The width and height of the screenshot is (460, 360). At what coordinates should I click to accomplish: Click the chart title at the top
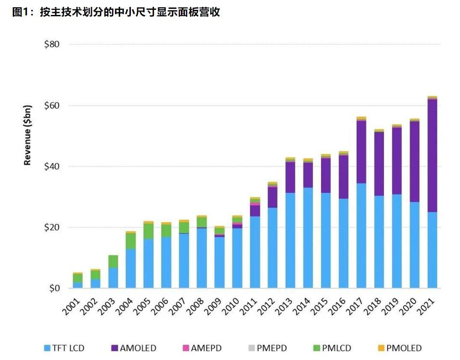click(116, 12)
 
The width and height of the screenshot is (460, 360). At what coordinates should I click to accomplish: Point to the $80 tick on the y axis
click(52, 44)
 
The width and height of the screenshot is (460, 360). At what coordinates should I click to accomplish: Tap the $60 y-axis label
click(52, 105)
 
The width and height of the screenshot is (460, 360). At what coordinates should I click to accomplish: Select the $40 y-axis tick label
click(52, 167)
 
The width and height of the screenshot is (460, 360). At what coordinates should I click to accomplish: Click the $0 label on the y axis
click(54, 289)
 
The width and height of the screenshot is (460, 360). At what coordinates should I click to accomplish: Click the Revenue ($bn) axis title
click(28, 135)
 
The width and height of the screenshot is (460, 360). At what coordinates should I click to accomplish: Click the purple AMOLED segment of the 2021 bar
click(432, 155)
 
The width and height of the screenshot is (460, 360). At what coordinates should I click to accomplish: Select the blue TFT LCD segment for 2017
click(361, 236)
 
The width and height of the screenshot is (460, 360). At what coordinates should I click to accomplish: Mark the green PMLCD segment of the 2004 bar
click(131, 241)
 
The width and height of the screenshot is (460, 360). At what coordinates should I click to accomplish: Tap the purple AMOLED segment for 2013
click(291, 177)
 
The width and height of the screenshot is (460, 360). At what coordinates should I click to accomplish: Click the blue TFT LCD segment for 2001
click(78, 285)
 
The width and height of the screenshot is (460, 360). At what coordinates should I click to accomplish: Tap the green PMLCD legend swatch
click(317, 348)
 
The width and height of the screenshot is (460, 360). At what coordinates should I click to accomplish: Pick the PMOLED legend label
click(404, 348)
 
